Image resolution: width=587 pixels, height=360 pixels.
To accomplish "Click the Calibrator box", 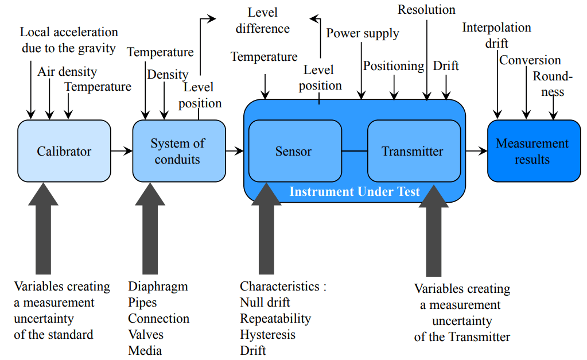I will [64, 151].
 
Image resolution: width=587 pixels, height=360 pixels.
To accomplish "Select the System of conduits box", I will [178, 151].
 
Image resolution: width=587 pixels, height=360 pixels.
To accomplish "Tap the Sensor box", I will [294, 152].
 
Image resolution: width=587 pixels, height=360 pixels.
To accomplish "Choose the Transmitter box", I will [413, 152].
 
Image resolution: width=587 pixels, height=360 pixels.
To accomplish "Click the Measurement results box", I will [533, 151].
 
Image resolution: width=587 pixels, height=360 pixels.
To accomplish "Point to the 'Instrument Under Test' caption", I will [355, 192].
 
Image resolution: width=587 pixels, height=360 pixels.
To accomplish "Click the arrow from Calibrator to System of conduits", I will [121, 151].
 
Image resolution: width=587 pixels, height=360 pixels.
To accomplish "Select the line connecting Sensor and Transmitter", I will [354, 151].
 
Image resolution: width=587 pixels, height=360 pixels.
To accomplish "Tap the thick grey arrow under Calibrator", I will [43, 230].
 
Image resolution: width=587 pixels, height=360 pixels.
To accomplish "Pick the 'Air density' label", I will [67, 72].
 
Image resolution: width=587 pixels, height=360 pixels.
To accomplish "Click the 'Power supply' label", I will [363, 33].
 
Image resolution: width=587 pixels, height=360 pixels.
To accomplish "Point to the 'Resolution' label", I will [426, 10].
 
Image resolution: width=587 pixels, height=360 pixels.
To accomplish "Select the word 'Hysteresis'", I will [267, 334].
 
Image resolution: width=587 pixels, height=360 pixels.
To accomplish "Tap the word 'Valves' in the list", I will [146, 334].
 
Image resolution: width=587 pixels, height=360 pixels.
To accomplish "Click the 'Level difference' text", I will [263, 20].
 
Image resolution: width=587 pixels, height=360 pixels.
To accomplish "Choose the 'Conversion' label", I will [530, 60].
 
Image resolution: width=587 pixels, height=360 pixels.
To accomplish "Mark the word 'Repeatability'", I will [275, 318].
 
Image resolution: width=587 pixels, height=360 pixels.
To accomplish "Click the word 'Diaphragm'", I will [158, 286].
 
